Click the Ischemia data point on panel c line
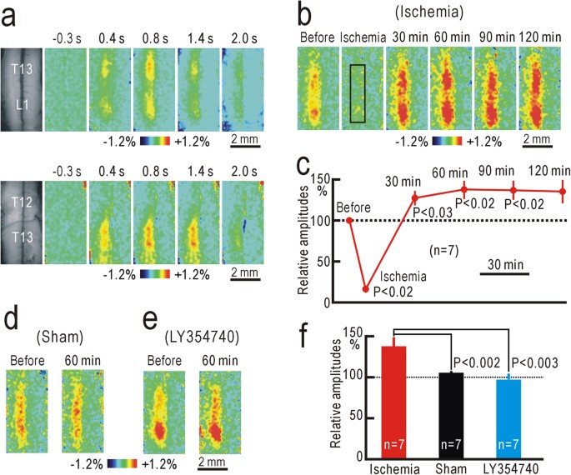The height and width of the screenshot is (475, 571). (365, 289)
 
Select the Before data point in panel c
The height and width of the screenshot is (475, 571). (350, 220)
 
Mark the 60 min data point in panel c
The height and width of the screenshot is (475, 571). (463, 190)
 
